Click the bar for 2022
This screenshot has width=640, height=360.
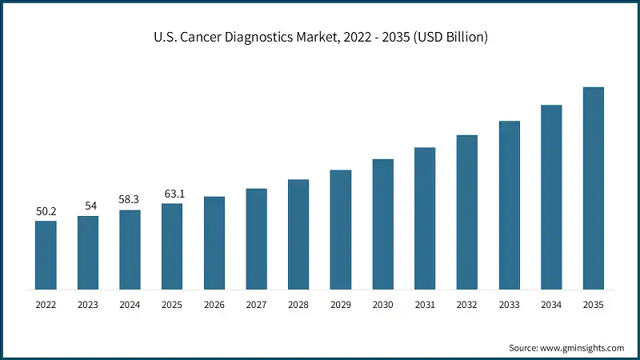(46, 254)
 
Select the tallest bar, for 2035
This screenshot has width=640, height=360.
(593, 188)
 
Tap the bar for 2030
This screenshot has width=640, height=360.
(382, 224)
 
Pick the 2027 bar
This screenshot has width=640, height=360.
(256, 238)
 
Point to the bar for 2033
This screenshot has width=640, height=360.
(509, 205)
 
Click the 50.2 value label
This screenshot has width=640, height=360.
(46, 211)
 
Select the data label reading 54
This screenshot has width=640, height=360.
(88, 206)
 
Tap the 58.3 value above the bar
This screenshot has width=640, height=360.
(130, 200)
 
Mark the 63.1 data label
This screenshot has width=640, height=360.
(172, 194)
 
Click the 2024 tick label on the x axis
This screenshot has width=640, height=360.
(130, 305)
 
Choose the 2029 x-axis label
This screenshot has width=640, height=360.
(340, 305)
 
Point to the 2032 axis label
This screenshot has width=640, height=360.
(466, 305)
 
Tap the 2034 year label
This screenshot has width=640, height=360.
(551, 305)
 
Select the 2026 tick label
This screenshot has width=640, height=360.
(214, 305)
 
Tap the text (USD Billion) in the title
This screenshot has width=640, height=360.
(447, 38)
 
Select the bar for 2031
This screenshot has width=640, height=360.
(425, 218)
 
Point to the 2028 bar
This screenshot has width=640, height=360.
(298, 234)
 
